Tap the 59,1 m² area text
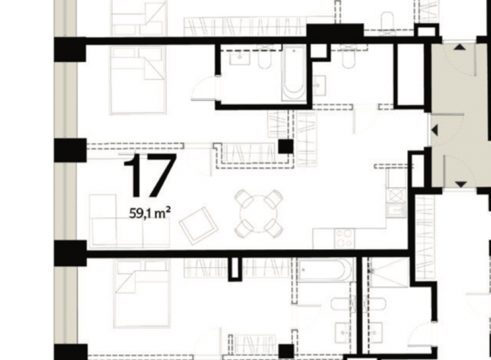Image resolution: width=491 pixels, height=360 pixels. point(150,214)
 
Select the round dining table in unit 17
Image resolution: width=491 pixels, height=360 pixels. point(258,214)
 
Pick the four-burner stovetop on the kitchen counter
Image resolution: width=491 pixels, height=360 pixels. point(344,238)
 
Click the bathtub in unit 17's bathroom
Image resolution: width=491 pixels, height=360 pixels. point(294,73)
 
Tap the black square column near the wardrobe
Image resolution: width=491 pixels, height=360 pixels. point(286,146)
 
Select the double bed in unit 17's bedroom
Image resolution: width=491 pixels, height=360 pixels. point(138,81)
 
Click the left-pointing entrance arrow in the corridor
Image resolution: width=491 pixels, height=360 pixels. point(435,130)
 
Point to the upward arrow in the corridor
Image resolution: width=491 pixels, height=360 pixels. point(460,47)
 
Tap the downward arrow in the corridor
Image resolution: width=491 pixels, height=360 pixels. point(460,184)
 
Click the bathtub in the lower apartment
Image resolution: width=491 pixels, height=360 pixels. point(325,270)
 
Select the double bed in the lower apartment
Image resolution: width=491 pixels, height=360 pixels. point(143,294)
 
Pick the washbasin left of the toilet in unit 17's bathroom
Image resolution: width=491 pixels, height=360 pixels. point(240,58)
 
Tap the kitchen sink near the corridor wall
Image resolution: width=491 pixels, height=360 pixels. point(395,209)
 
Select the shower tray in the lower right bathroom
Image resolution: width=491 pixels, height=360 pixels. point(389,271)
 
